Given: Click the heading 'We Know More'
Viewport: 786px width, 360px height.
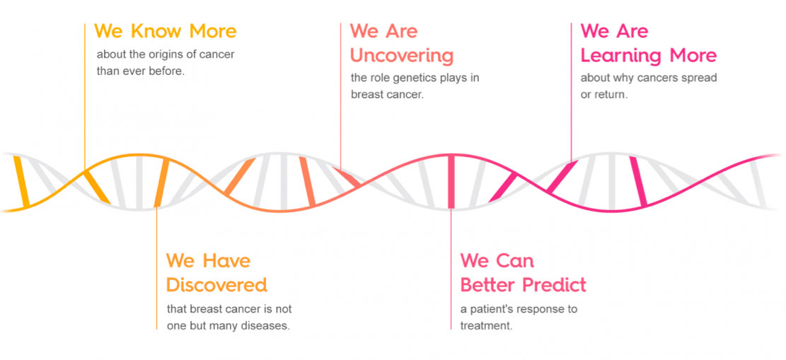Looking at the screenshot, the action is click(x=166, y=31).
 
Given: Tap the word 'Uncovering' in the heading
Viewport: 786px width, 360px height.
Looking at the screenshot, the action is click(x=402, y=55).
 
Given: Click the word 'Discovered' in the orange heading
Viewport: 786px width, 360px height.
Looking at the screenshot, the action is click(x=216, y=285).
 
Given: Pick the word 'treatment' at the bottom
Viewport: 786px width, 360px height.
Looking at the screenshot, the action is click(x=485, y=325).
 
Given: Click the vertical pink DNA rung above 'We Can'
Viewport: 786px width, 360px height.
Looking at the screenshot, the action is click(x=451, y=181).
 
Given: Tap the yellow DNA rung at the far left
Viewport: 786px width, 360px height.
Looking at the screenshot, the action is click(x=21, y=181).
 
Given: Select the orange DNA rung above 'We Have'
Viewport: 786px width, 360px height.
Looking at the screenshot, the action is click(x=161, y=183).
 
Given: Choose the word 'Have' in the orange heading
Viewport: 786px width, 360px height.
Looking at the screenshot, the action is click(x=226, y=261).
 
